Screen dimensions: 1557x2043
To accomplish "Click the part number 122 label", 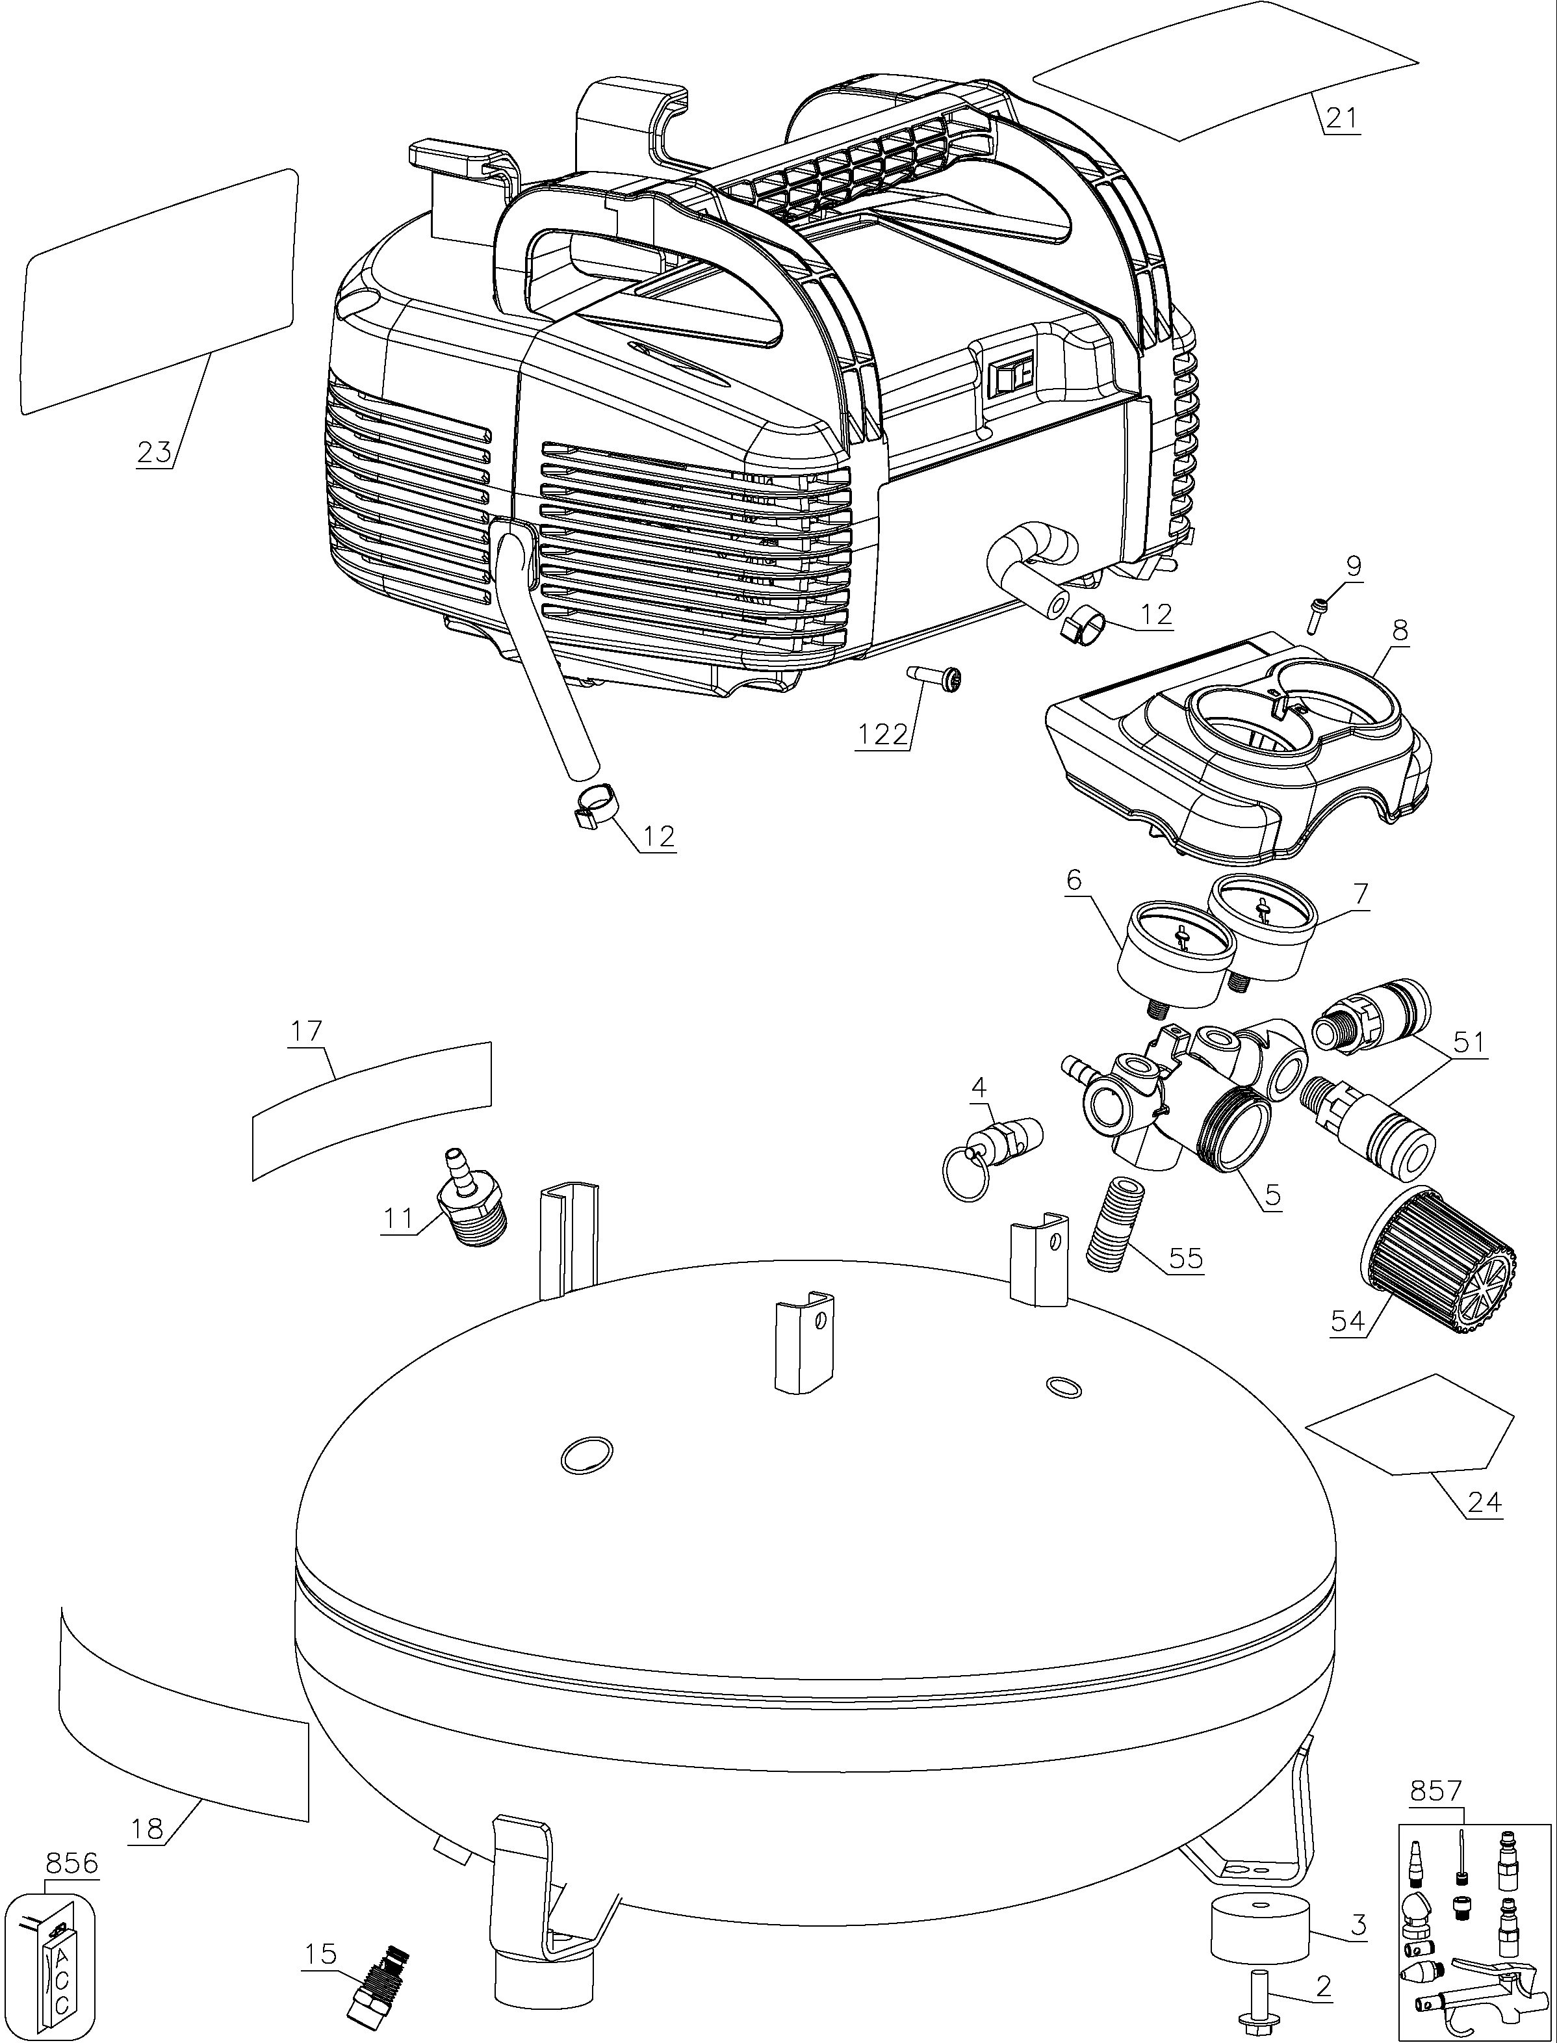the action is coord(881,735).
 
